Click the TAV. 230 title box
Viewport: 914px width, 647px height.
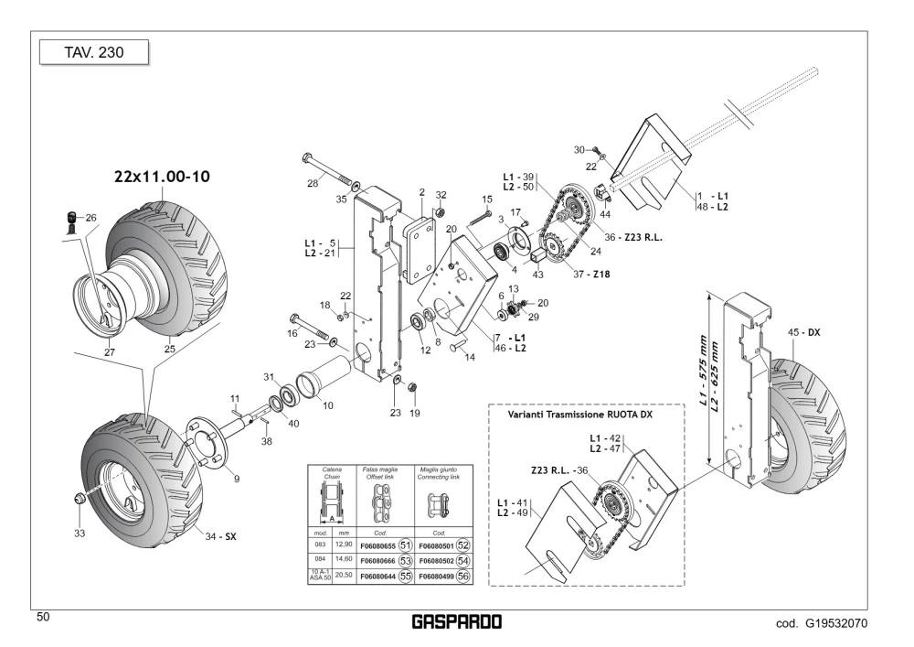94,52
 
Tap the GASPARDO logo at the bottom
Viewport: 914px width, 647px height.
456,622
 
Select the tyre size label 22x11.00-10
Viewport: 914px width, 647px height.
162,177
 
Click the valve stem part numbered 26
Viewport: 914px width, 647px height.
71,221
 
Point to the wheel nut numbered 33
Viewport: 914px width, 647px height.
78,499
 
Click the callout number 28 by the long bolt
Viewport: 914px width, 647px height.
313,183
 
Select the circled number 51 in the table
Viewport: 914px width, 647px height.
405,545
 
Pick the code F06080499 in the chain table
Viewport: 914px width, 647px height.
437,577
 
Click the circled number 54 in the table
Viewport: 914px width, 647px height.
462,561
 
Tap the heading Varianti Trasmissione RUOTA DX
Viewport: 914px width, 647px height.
580,415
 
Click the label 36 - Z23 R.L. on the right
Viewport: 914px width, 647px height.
633,237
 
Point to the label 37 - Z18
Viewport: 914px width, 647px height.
591,275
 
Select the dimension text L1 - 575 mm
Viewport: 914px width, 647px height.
704,371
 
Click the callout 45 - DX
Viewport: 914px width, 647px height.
803,332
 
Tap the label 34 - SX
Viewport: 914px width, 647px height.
220,537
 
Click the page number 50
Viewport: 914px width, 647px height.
43,617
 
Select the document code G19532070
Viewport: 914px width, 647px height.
836,623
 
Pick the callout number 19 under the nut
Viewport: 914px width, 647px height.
414,413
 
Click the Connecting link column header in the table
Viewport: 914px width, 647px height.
439,473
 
